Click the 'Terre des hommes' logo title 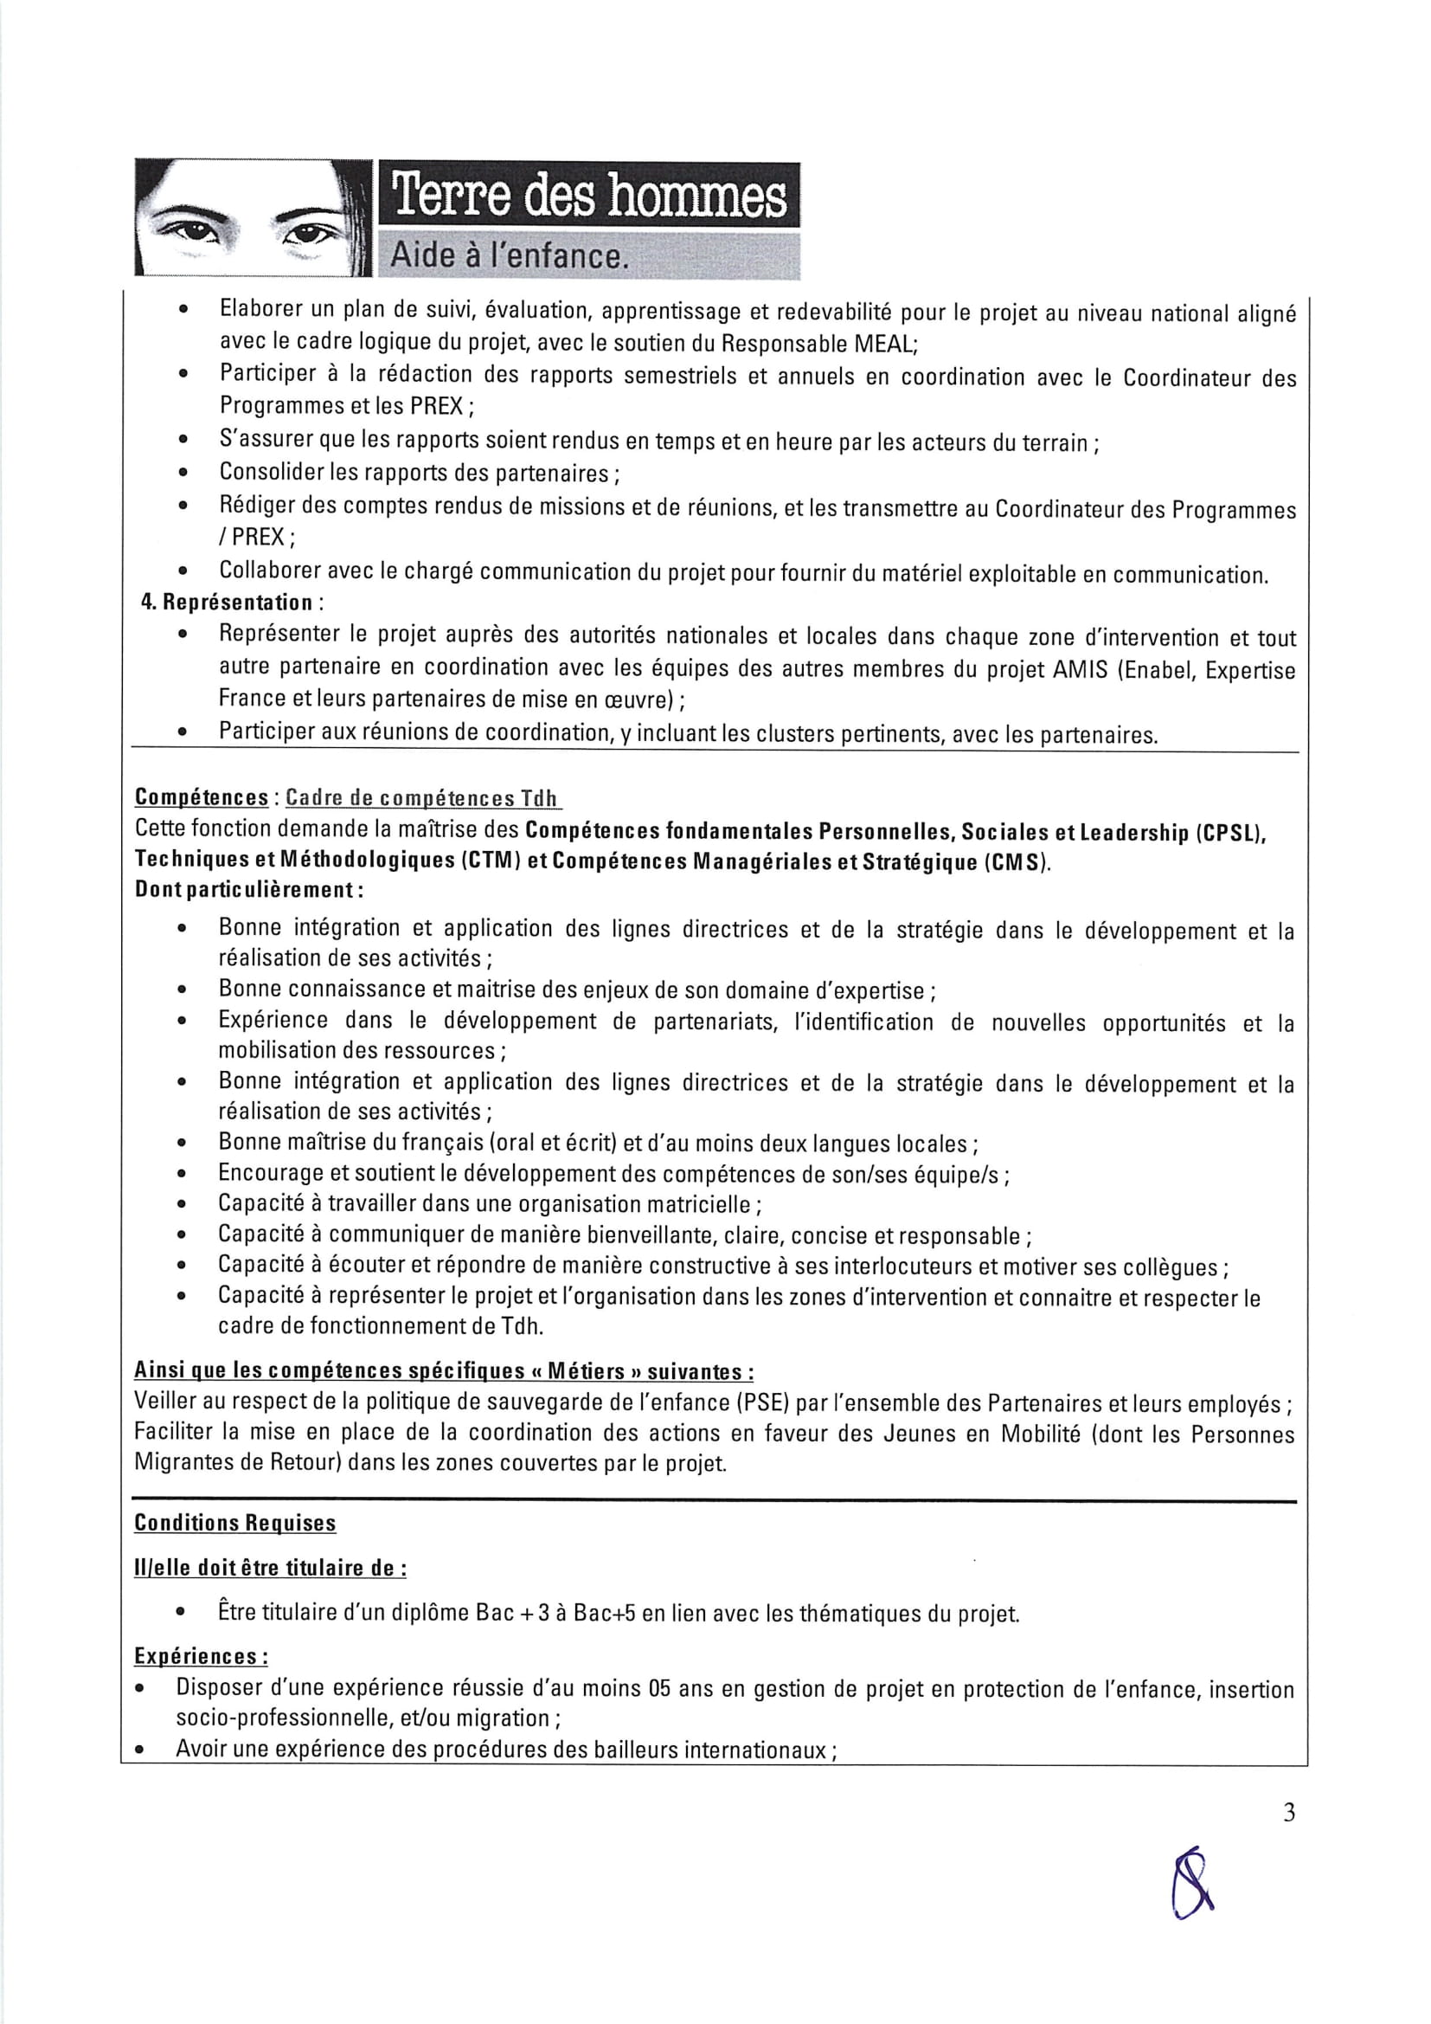(x=588, y=197)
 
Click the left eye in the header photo (x=196, y=233)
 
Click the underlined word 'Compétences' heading (x=201, y=797)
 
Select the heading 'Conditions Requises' (x=234, y=1524)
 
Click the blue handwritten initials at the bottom (x=1192, y=1884)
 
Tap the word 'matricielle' (x=701, y=1204)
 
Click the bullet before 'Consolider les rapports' (x=183, y=474)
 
